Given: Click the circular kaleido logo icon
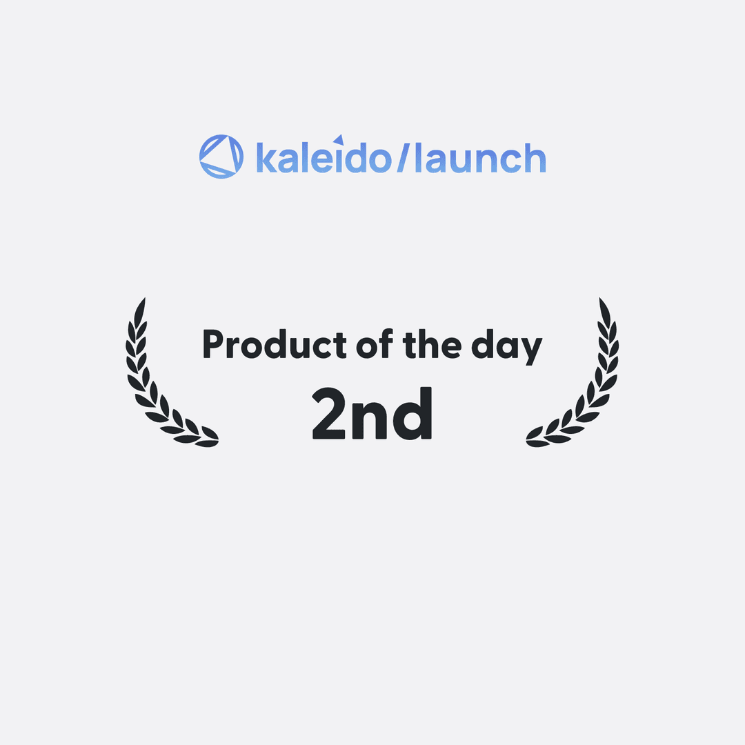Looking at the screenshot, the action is (221, 157).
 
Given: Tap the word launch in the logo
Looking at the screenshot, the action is (480, 157).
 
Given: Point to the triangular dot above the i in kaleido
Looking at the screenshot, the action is (339, 139).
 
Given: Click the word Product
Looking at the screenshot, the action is (275, 344).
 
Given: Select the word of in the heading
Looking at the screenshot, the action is (375, 344).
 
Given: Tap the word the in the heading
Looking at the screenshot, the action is (432, 344).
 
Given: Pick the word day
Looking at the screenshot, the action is (506, 347).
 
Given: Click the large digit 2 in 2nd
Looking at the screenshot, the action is (328, 413).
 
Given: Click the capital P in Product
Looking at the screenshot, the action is (213, 344).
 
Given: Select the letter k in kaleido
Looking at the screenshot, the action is (266, 157).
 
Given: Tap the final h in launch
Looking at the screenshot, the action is (535, 157).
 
